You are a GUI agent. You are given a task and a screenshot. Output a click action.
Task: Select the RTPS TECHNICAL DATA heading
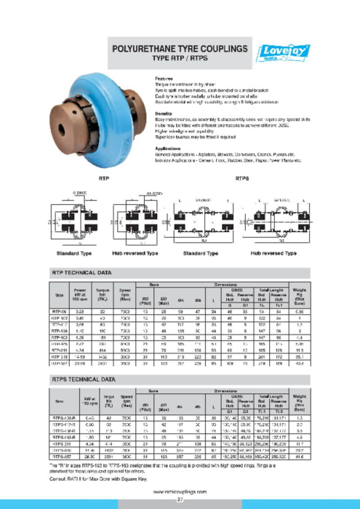(82, 378)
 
